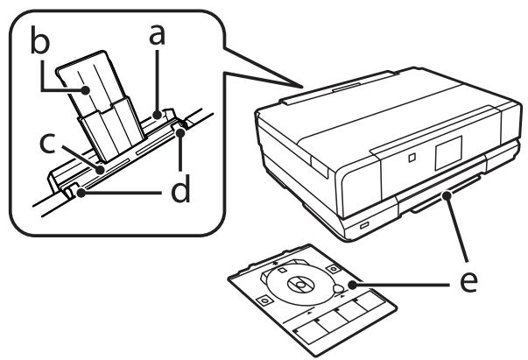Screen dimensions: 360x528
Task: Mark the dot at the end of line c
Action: (101, 164)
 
